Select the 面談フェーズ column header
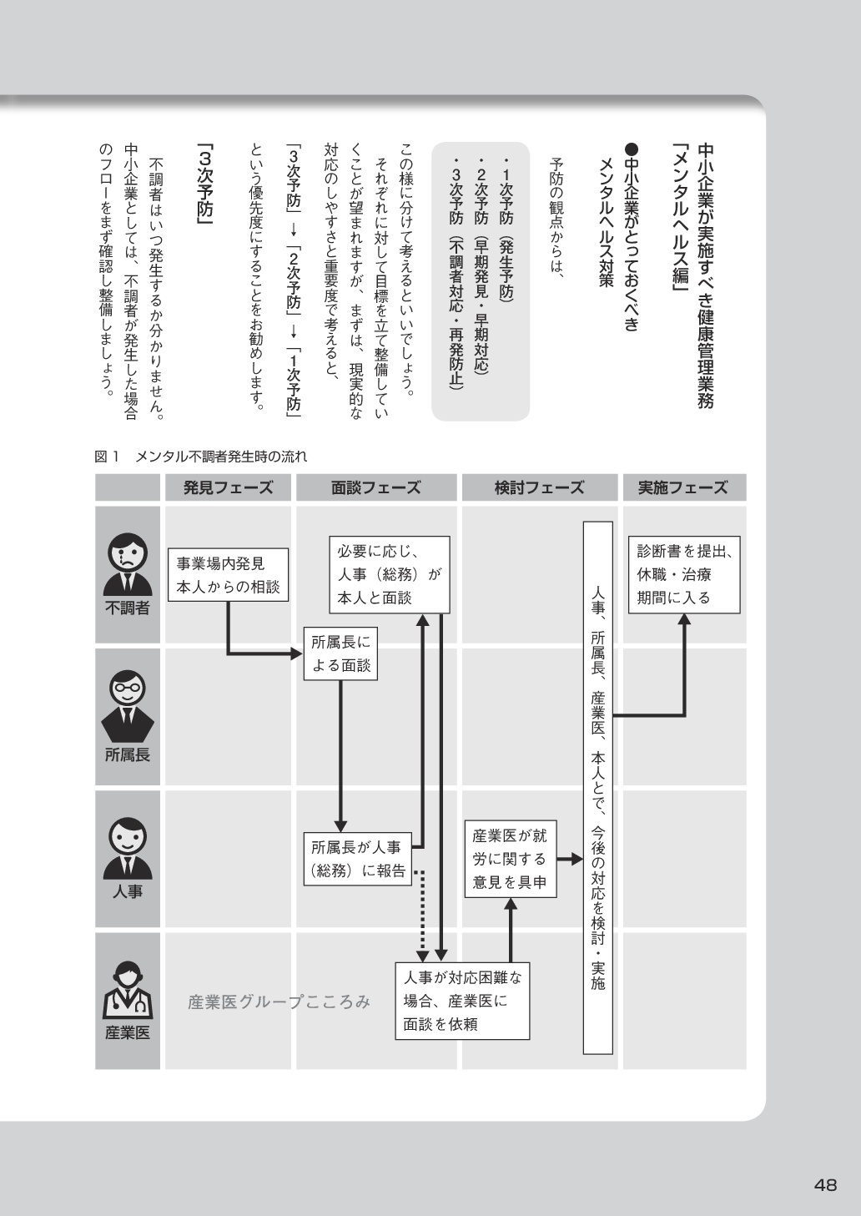(376, 487)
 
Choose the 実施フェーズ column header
(683, 487)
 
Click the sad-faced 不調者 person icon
(128, 563)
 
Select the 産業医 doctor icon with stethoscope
(128, 991)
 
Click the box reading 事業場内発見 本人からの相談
(228, 575)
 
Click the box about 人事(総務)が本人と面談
(389, 574)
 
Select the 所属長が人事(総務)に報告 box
(358, 859)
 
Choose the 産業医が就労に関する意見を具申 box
(511, 859)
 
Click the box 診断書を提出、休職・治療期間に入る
(684, 575)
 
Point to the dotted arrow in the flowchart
(422, 914)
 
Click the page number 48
(826, 1184)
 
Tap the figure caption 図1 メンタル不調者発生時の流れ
(201, 457)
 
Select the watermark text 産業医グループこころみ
(279, 1002)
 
